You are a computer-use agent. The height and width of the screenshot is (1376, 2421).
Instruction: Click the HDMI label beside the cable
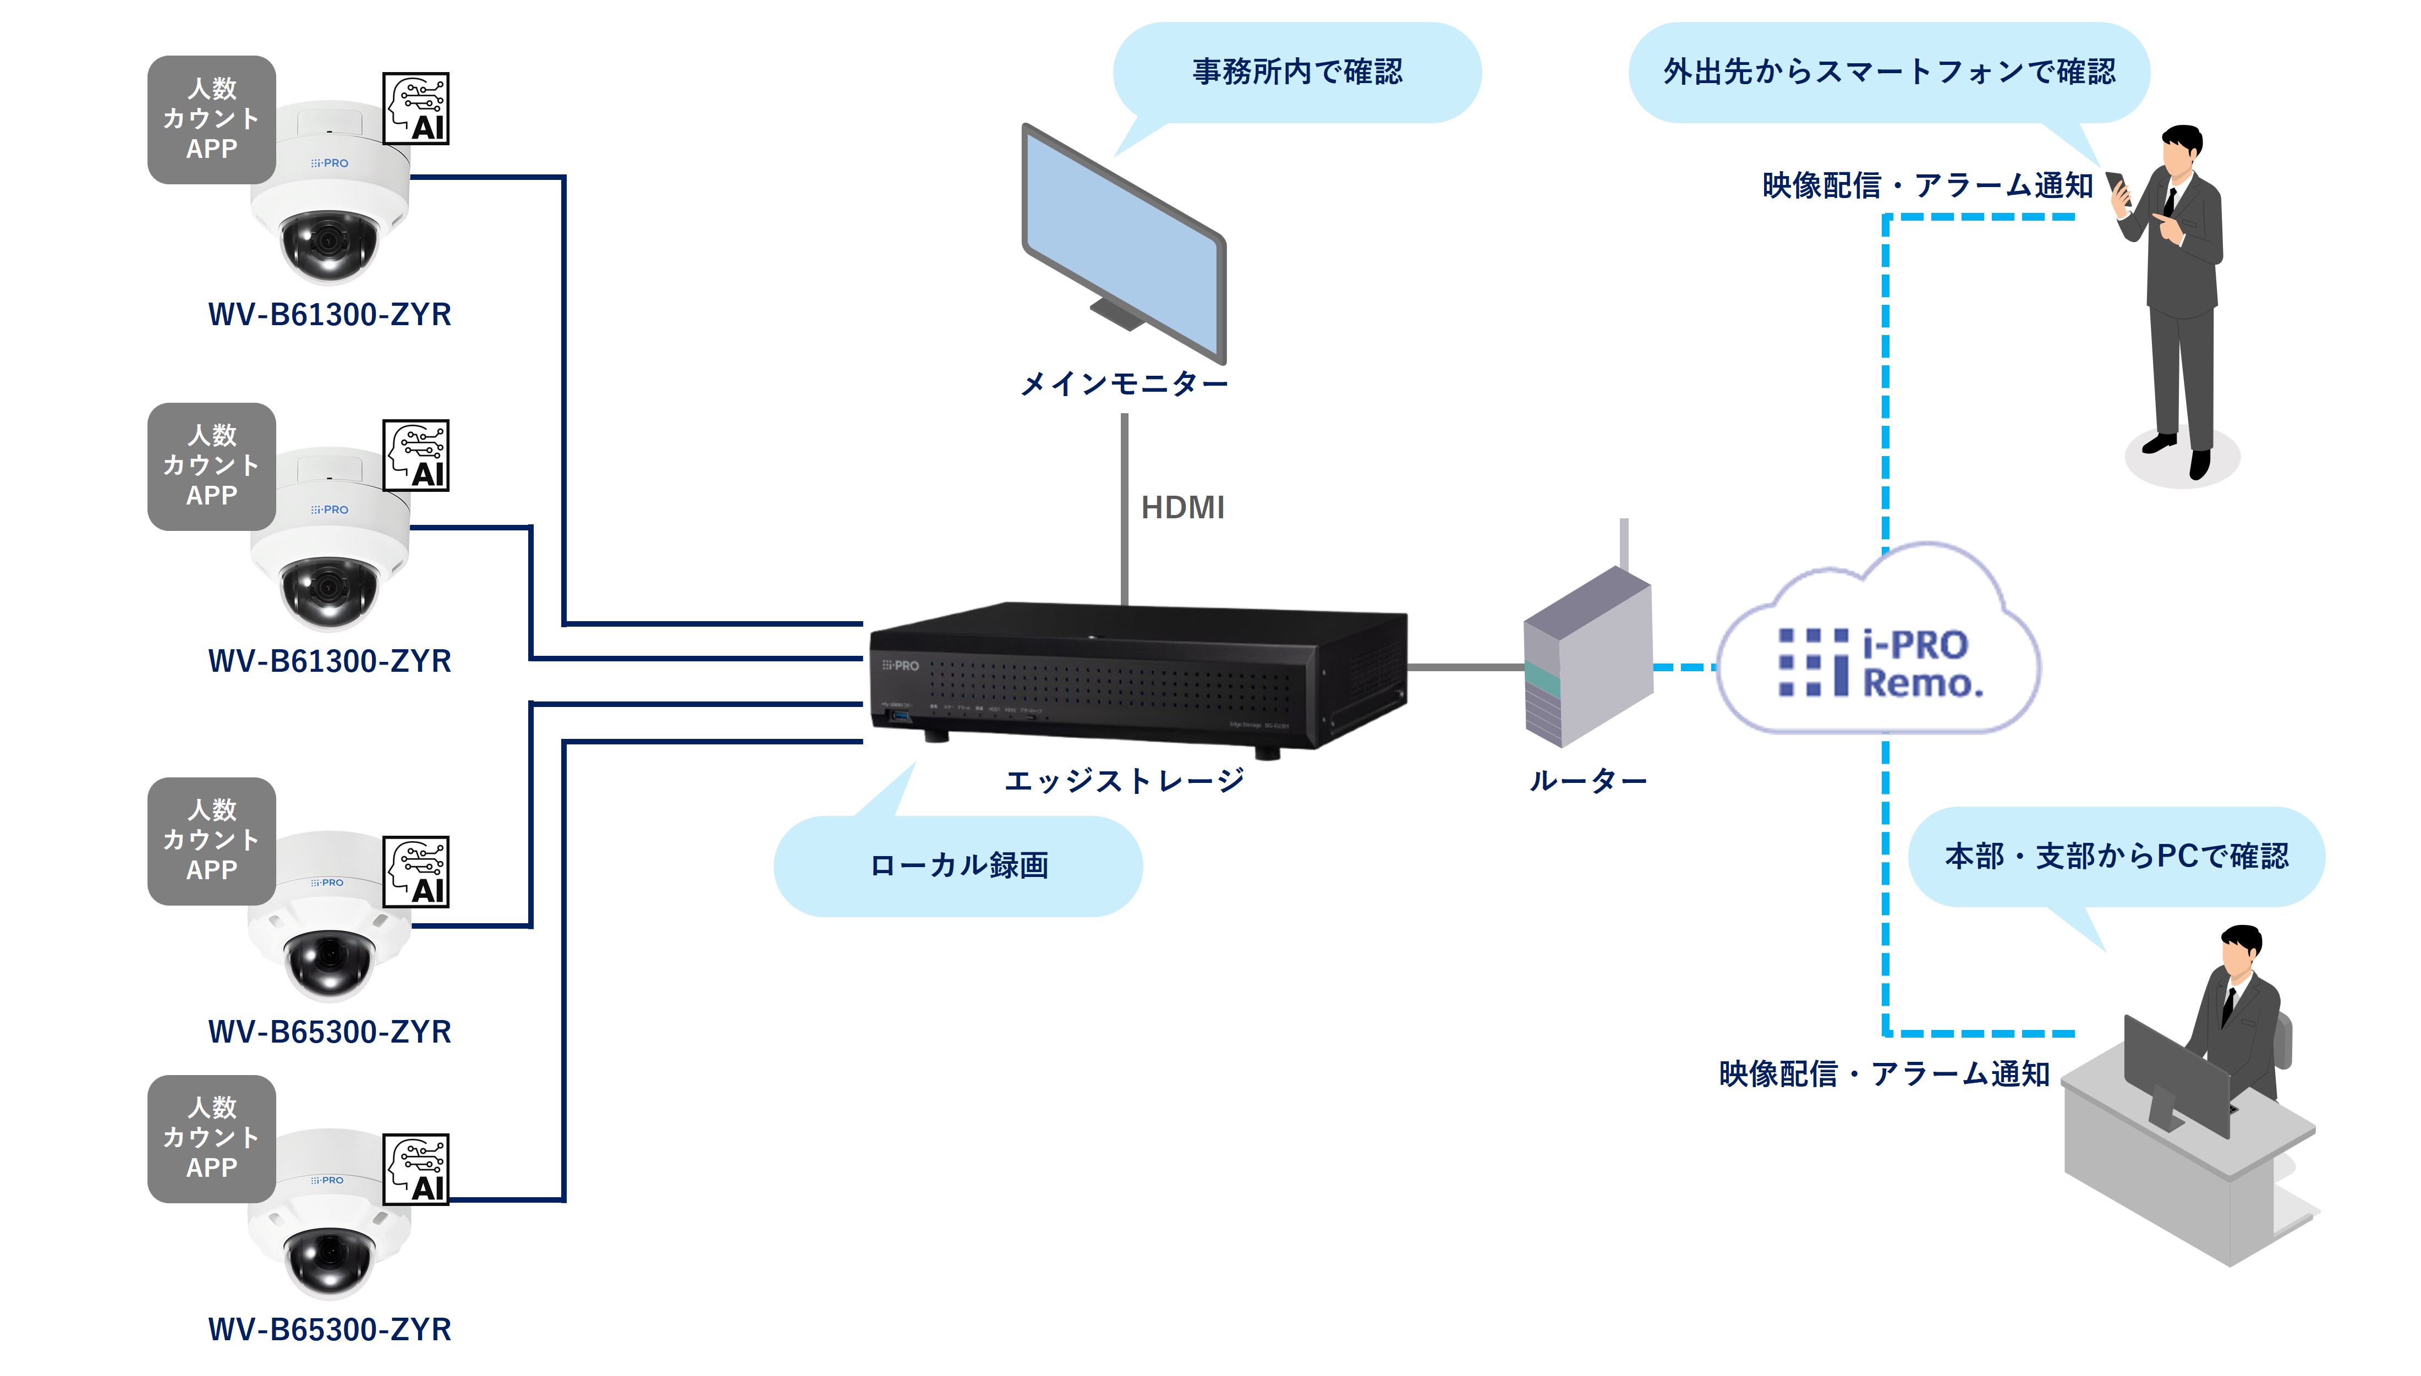pyautogui.click(x=1182, y=507)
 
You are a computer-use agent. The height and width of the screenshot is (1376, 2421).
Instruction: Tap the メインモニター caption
pyautogui.click(x=1124, y=383)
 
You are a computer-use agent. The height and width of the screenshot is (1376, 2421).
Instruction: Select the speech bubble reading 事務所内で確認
pyautogui.click(x=1296, y=72)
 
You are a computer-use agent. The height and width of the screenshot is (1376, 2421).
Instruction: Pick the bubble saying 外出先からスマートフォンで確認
pyautogui.click(x=1888, y=72)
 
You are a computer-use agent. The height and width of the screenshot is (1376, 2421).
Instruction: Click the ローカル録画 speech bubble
pyautogui.click(x=958, y=865)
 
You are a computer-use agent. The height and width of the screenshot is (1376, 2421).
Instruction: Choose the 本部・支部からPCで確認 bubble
pyautogui.click(x=2116, y=856)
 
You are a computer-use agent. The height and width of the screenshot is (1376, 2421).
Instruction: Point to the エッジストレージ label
pyautogui.click(x=1124, y=781)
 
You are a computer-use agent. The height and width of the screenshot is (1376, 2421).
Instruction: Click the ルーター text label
pyautogui.click(x=1587, y=781)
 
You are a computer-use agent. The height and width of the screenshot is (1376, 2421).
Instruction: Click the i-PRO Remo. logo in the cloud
pyautogui.click(x=1881, y=664)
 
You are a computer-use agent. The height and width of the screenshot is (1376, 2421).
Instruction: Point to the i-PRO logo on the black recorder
pyautogui.click(x=901, y=665)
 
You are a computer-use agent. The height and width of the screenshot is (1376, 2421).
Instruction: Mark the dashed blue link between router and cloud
pyautogui.click(x=1685, y=667)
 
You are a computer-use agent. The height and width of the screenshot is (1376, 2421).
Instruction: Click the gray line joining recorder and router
pyautogui.click(x=1465, y=667)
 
